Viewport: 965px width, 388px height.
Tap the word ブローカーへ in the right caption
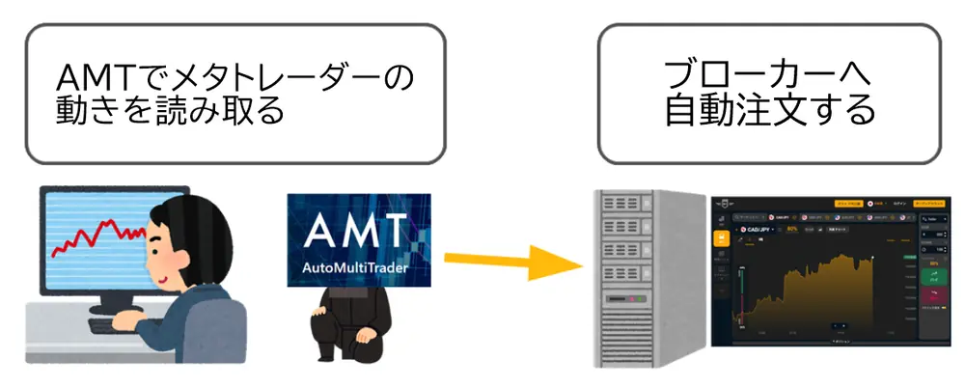click(768, 74)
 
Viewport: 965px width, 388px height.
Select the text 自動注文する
click(768, 114)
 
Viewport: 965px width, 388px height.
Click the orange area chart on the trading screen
click(820, 290)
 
